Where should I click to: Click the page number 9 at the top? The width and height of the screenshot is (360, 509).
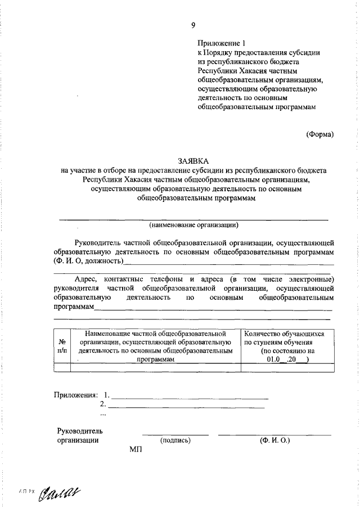click(193, 25)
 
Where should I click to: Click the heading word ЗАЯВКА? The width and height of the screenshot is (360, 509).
click(193, 160)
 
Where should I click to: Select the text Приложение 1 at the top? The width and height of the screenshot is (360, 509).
click(222, 43)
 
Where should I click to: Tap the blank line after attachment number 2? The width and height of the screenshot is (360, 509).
click(186, 406)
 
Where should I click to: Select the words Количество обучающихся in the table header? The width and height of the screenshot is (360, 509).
click(285, 334)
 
